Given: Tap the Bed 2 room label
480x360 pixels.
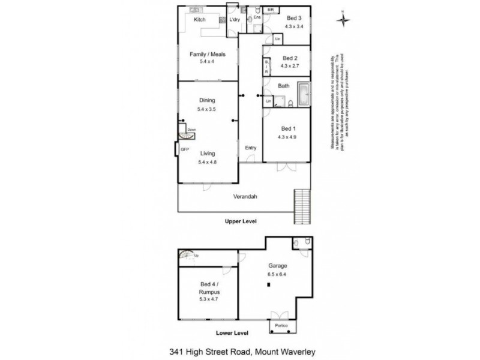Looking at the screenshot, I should pyautogui.click(x=290, y=58).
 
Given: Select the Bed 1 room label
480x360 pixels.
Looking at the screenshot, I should pyautogui.click(x=289, y=129).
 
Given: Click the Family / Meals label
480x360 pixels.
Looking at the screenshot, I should pyautogui.click(x=206, y=55).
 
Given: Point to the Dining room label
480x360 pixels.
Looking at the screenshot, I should pyautogui.click(x=206, y=101).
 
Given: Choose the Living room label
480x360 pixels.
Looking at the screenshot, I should pyautogui.click(x=206, y=154).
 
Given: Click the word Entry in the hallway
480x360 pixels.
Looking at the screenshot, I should pyautogui.click(x=251, y=148).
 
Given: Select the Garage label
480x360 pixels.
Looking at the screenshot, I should pyautogui.click(x=278, y=266).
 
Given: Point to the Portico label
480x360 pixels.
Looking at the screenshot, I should pyautogui.click(x=281, y=326).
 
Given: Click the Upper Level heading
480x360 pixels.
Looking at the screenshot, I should pyautogui.click(x=241, y=221).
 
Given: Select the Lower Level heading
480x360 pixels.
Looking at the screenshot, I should pyautogui.click(x=216, y=331).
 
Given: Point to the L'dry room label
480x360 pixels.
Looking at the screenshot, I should pyautogui.click(x=235, y=19).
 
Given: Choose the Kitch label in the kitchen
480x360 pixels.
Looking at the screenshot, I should pyautogui.click(x=200, y=19).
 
